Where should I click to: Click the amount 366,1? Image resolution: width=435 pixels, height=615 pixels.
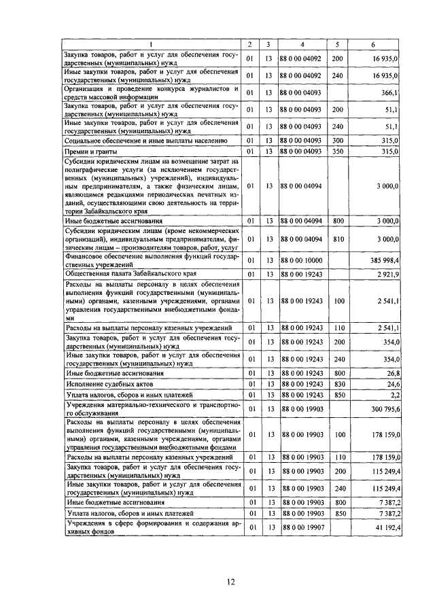coord(389,92)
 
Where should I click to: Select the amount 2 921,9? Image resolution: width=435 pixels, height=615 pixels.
coord(385,273)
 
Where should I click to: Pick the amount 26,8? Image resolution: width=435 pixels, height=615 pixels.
coord(392,372)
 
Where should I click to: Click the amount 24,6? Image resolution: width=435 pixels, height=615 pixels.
coord(392,384)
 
